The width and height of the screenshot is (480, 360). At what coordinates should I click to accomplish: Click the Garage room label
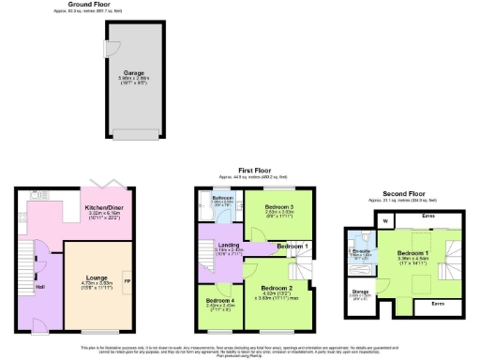click(131, 71)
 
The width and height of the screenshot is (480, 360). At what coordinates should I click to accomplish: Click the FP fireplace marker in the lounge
click(127, 280)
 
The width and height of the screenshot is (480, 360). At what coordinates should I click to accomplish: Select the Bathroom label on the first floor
click(221, 198)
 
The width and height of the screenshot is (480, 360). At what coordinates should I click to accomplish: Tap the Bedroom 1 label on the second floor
click(412, 254)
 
